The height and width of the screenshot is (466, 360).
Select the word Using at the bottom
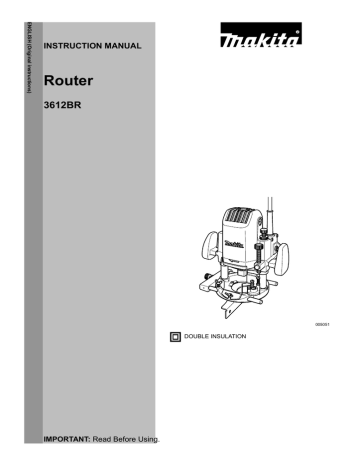[x=148, y=438]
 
